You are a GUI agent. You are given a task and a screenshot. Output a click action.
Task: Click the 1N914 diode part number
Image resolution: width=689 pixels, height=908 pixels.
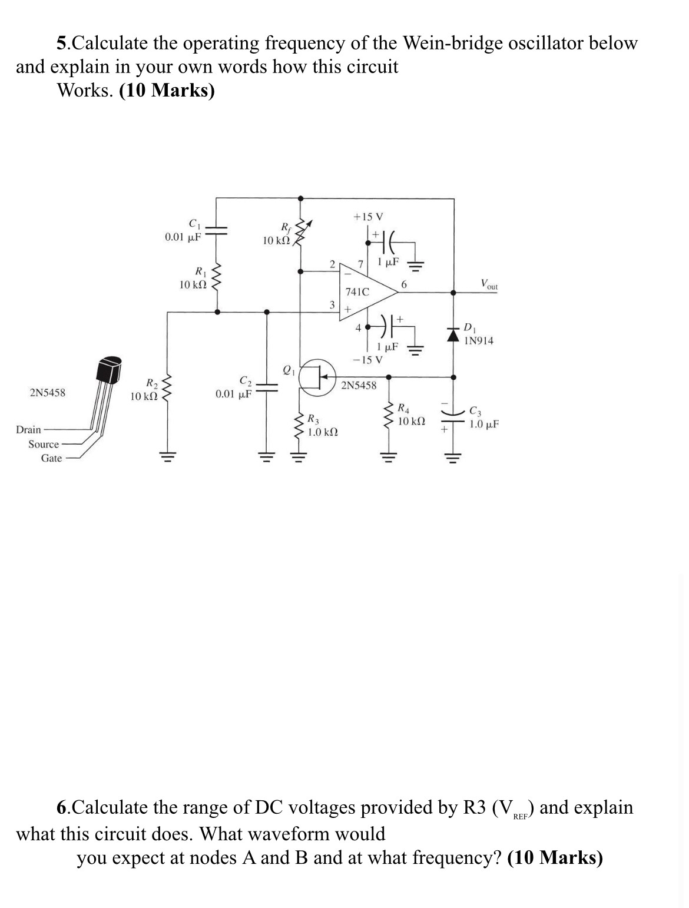478,340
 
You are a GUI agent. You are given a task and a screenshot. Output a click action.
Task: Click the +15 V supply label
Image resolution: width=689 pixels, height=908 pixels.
368,217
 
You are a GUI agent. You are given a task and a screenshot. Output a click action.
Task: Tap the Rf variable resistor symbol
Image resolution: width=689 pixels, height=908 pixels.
301,233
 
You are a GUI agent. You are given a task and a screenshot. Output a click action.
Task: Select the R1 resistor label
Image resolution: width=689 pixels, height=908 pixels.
201,271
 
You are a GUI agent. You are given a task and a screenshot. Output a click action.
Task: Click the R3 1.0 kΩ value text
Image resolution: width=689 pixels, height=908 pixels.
323,432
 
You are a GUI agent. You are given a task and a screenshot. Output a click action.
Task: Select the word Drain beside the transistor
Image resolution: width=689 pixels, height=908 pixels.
29,429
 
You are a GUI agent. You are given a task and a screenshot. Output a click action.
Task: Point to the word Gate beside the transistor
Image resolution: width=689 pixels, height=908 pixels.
51,458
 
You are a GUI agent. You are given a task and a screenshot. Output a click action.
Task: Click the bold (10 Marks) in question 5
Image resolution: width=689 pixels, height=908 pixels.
167,90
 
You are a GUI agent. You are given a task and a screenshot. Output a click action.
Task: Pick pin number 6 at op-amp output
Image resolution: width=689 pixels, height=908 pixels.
403,284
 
